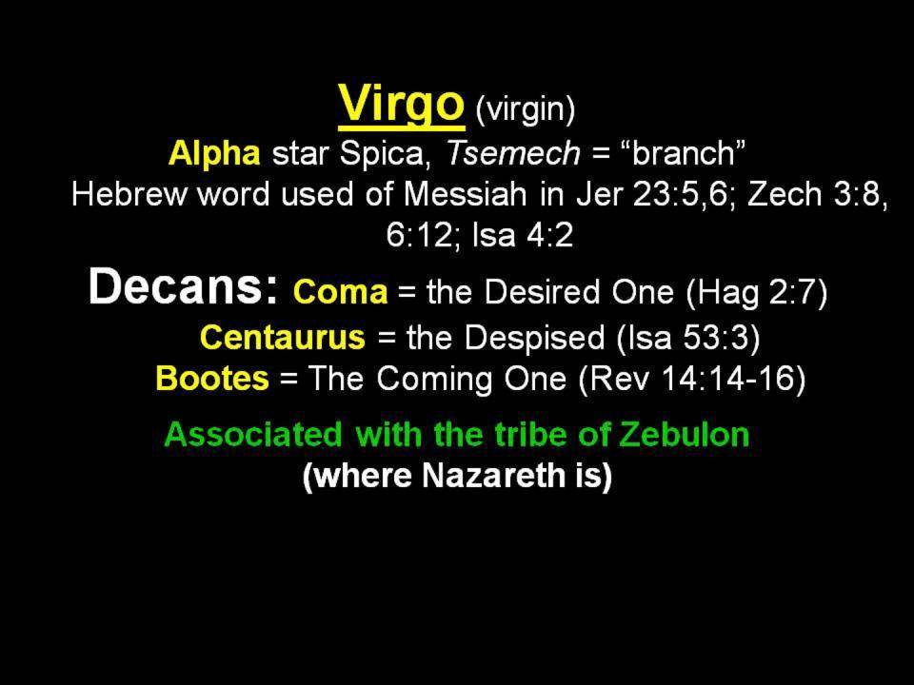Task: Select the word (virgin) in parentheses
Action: point(526,108)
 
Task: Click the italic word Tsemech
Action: point(513,154)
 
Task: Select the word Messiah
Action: point(466,194)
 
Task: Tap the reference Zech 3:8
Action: point(817,195)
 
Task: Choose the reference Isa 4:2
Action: point(523,235)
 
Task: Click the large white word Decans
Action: point(184,286)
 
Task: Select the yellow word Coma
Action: point(341,292)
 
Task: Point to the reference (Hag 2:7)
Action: point(757,293)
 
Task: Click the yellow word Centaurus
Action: point(283,337)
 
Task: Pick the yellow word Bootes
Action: point(212,378)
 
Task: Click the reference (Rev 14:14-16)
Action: point(692,380)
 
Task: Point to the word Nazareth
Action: point(493,476)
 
